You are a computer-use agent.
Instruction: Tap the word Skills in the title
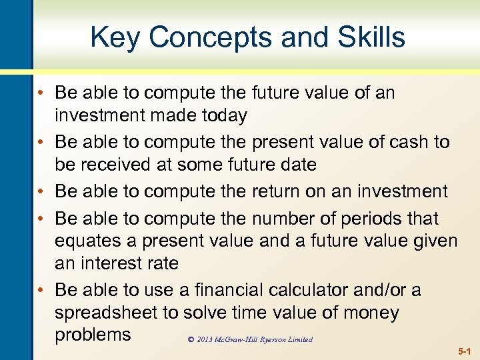click(x=370, y=37)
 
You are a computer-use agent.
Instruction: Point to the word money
click(x=369, y=313)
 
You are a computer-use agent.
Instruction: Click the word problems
click(x=93, y=334)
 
